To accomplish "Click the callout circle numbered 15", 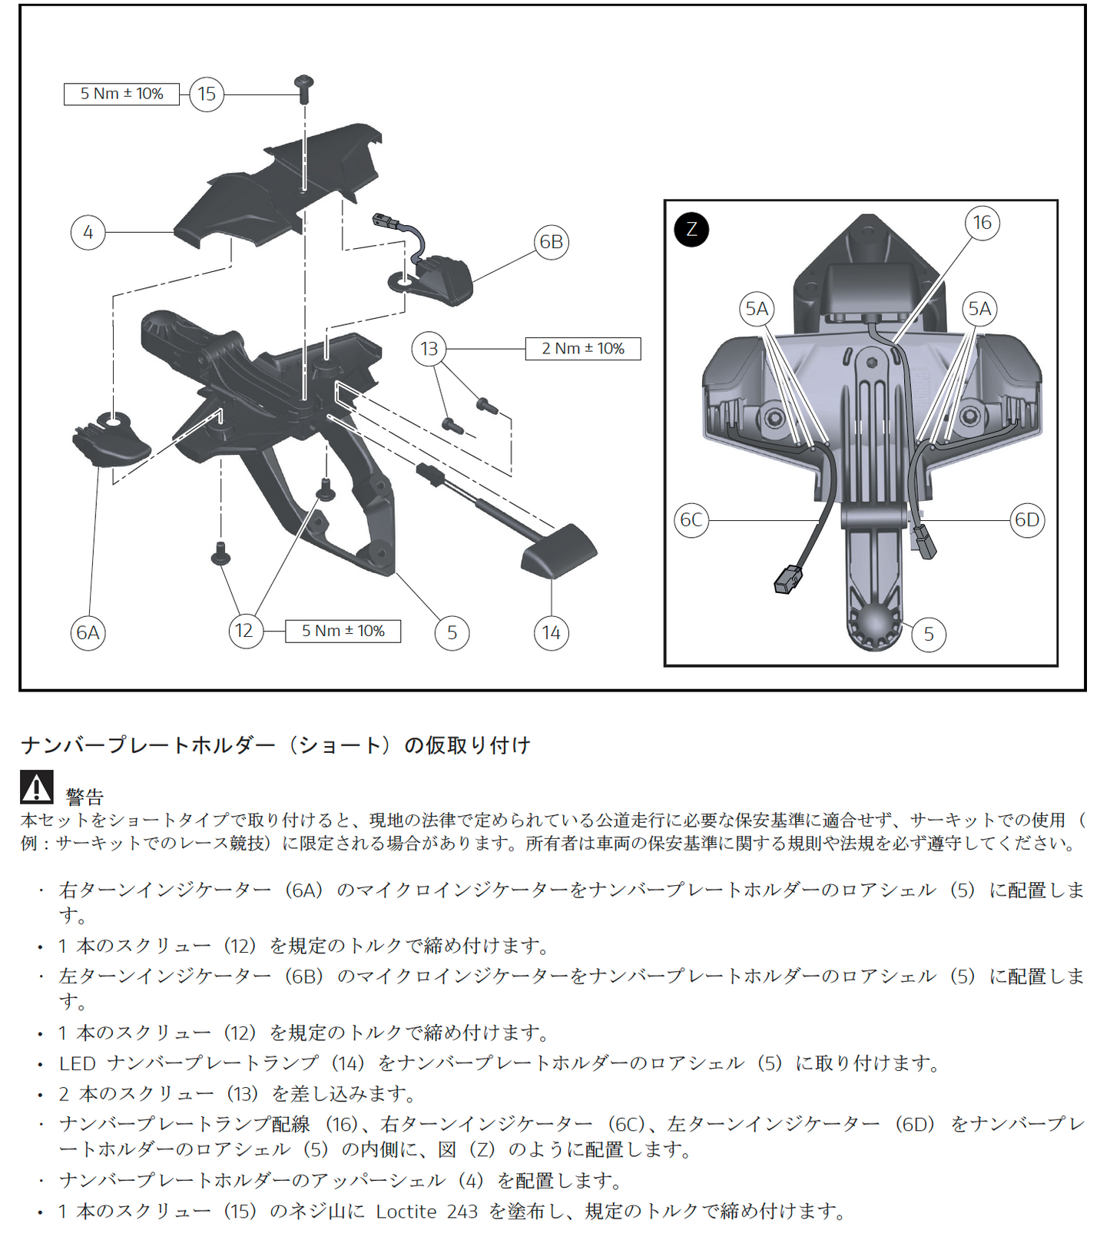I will pos(207,94).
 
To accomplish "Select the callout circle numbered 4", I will pos(88,232).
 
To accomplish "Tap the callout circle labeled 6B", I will pos(551,242).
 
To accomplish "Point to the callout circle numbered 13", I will pos(429,349).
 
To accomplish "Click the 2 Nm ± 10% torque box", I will pos(582,349).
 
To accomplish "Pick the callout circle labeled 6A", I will pos(88,633).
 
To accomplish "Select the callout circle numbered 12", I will pos(244,632).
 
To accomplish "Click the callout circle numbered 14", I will pos(551,633).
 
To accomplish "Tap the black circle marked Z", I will pos(691,229).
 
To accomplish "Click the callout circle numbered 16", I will pos(982,223).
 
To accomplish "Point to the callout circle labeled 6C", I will pos(691,520).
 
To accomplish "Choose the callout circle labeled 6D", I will pos(1026,520).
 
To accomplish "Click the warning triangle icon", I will pos(36,787).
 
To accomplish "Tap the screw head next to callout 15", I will pos(304,81).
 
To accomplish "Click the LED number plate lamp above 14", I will pos(558,548).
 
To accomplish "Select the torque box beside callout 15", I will pos(121,94).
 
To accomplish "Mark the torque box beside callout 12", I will pos(343,632).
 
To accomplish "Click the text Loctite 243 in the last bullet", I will pos(426,1212).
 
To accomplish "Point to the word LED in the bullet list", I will pos(77,1063).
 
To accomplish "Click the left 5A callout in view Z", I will pos(757,309).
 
